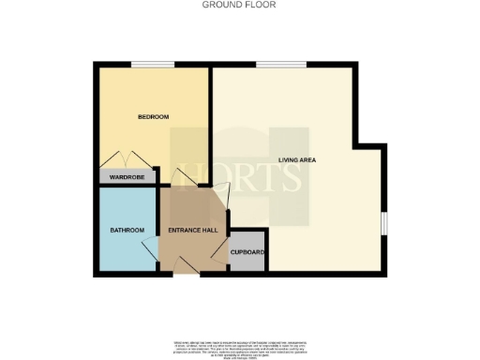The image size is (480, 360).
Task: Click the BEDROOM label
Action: click(x=153, y=117)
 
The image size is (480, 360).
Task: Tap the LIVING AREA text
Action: click(x=297, y=160)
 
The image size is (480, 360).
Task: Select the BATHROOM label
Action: click(x=127, y=231)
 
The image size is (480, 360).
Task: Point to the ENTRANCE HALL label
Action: click(x=193, y=231)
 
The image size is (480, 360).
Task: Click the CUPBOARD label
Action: click(x=247, y=252)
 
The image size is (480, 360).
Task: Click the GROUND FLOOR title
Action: click(x=240, y=5)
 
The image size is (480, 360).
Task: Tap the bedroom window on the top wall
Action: click(x=145, y=64)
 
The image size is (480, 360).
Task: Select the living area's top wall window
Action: click(x=272, y=64)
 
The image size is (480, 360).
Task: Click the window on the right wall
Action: click(x=383, y=225)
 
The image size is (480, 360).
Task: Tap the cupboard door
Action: click(x=221, y=251)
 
